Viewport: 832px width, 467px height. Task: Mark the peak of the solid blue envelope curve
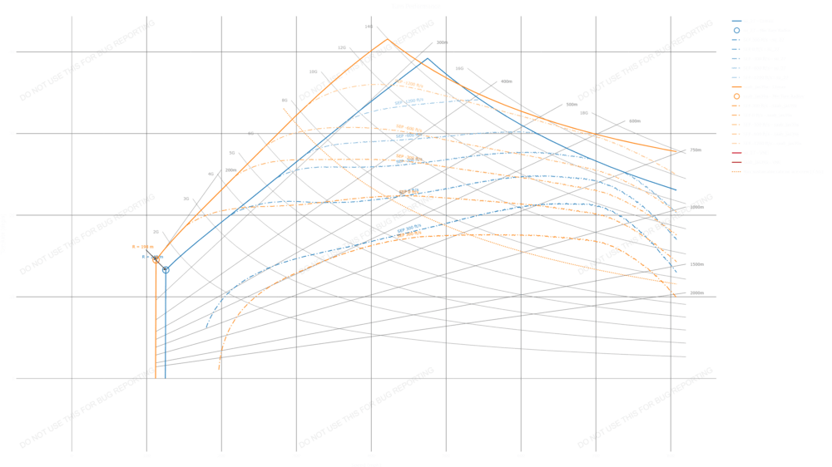click(x=428, y=59)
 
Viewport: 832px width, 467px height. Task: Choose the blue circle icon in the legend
click(x=736, y=28)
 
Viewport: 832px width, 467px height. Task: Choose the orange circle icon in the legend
click(x=736, y=96)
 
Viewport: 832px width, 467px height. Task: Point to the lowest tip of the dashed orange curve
click(x=219, y=368)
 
